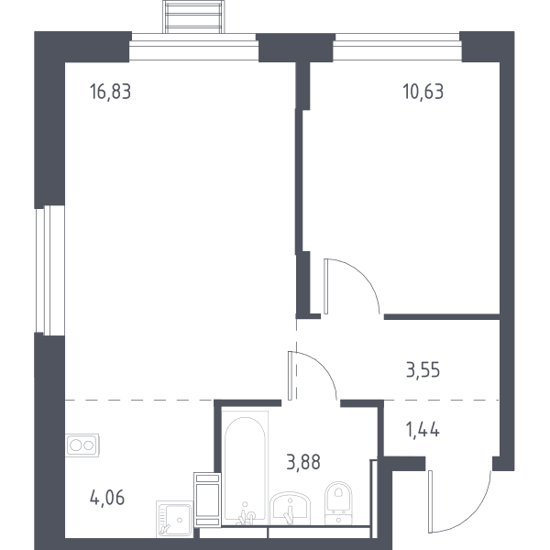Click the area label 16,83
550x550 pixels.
point(111,92)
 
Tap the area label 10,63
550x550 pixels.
point(423,92)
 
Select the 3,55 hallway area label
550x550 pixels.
point(423,370)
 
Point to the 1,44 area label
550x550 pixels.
point(423,430)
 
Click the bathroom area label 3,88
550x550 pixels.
point(303,462)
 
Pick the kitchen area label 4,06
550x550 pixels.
point(107,498)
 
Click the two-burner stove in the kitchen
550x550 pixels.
point(82,445)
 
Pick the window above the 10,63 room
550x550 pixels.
point(397,47)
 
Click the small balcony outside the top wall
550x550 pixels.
point(193,16)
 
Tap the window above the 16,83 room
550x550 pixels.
point(193,47)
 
